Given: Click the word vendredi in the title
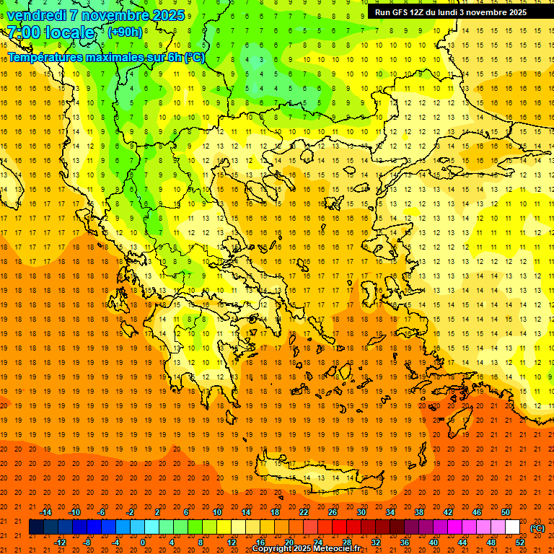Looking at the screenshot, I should [37, 15].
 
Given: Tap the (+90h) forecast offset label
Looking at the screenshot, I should [125, 32].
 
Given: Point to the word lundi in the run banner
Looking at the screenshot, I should [455, 12].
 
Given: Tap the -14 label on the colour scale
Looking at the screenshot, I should [45, 512].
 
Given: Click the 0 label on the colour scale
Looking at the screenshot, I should [143, 542].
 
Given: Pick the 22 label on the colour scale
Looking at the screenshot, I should [304, 512].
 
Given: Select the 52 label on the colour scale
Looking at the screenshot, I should [521, 542].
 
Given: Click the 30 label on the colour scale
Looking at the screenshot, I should [361, 512].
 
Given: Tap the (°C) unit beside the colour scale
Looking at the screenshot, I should [537, 528].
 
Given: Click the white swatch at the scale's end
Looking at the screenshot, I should [512, 527].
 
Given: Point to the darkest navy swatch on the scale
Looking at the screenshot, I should [36, 527].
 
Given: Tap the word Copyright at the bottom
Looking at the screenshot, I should [275, 549].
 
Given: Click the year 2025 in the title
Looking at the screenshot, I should [165, 15].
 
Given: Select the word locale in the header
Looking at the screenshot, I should [68, 32].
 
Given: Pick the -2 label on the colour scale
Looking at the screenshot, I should [130, 512].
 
